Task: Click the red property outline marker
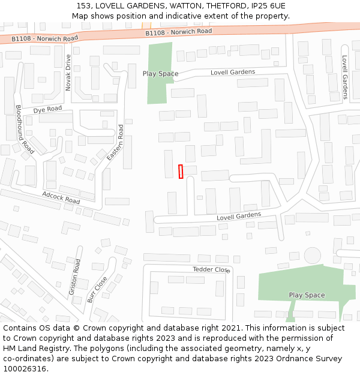click(x=181, y=171)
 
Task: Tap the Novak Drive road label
click(x=68, y=72)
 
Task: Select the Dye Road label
click(x=47, y=109)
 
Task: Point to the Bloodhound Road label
click(x=25, y=129)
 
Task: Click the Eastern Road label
click(x=115, y=143)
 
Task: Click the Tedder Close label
click(x=211, y=269)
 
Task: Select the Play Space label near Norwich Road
click(x=160, y=74)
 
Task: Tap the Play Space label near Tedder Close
click(x=307, y=295)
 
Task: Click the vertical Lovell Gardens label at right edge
click(x=344, y=77)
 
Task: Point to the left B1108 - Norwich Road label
click(x=45, y=38)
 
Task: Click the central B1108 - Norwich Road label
click(x=179, y=32)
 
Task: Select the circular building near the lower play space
click(x=313, y=255)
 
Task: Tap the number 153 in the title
click(x=84, y=6)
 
